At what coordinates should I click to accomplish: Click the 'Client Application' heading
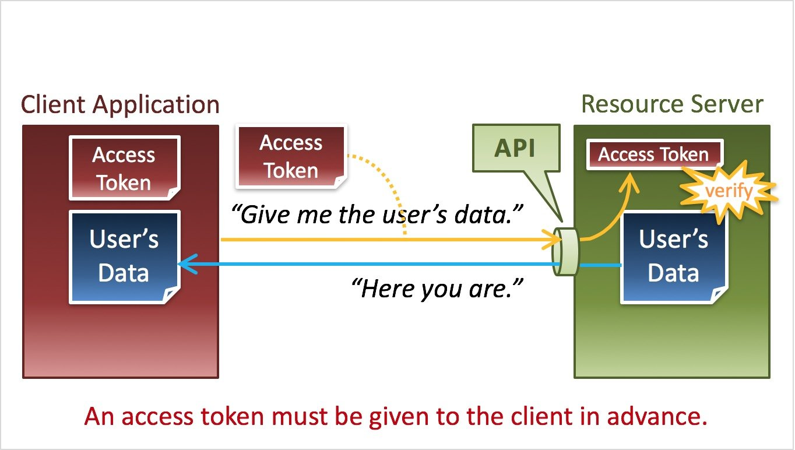click(x=120, y=106)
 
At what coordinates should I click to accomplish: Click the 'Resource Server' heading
click(x=672, y=104)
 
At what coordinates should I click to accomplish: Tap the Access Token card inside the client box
click(x=125, y=168)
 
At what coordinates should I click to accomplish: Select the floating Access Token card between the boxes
click(x=291, y=156)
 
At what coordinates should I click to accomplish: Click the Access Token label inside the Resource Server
click(x=655, y=154)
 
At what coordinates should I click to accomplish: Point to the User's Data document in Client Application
click(x=125, y=257)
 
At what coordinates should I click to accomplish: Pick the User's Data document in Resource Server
click(x=674, y=257)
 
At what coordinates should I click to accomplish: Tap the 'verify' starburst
click(x=729, y=191)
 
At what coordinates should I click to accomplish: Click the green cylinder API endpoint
click(x=566, y=252)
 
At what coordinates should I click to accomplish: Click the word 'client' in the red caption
click(x=542, y=416)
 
